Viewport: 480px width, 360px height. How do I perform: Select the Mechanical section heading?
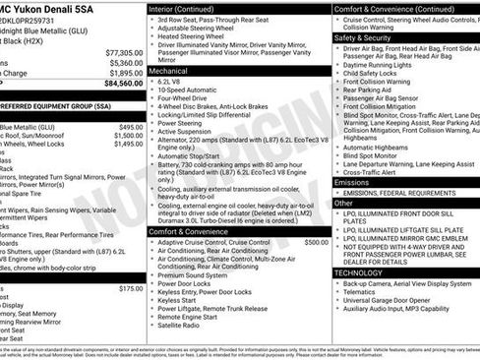170,72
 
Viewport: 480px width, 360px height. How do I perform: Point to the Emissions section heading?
352,182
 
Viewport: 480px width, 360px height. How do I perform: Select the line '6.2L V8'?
174,83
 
